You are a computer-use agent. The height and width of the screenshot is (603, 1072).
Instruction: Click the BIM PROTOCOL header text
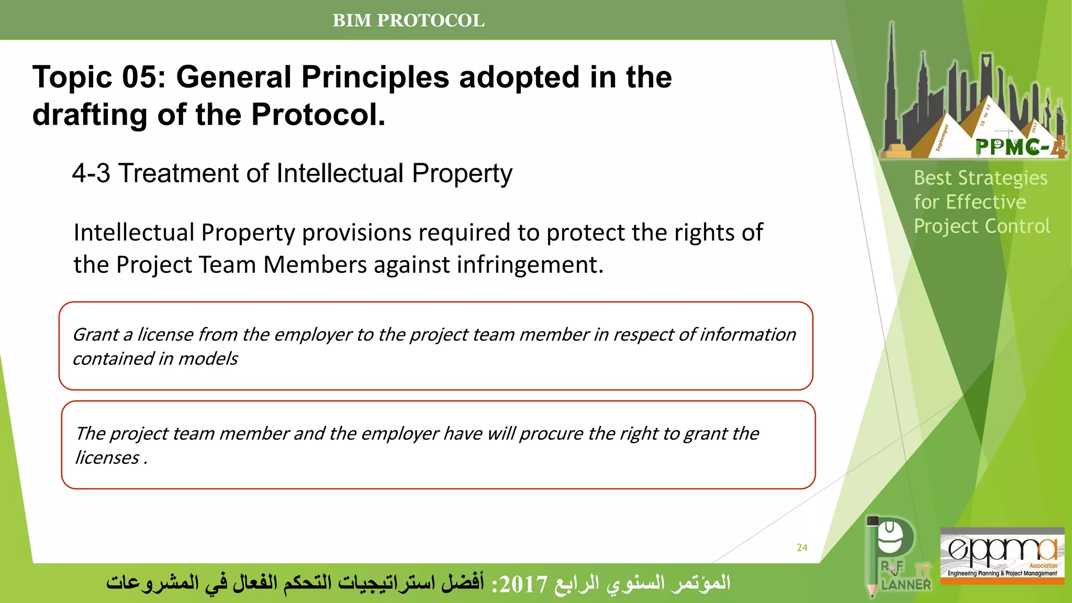408,20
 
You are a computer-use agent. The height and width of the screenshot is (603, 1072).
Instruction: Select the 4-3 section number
91,173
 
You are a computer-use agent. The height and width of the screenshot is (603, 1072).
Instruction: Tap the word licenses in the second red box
107,457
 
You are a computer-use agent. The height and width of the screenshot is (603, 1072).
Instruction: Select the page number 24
802,548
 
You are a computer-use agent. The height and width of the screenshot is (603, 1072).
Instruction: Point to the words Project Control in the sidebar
981,226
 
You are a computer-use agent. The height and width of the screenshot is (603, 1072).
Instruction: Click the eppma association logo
1002,555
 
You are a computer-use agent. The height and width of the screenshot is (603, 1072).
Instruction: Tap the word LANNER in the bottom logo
906,585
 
